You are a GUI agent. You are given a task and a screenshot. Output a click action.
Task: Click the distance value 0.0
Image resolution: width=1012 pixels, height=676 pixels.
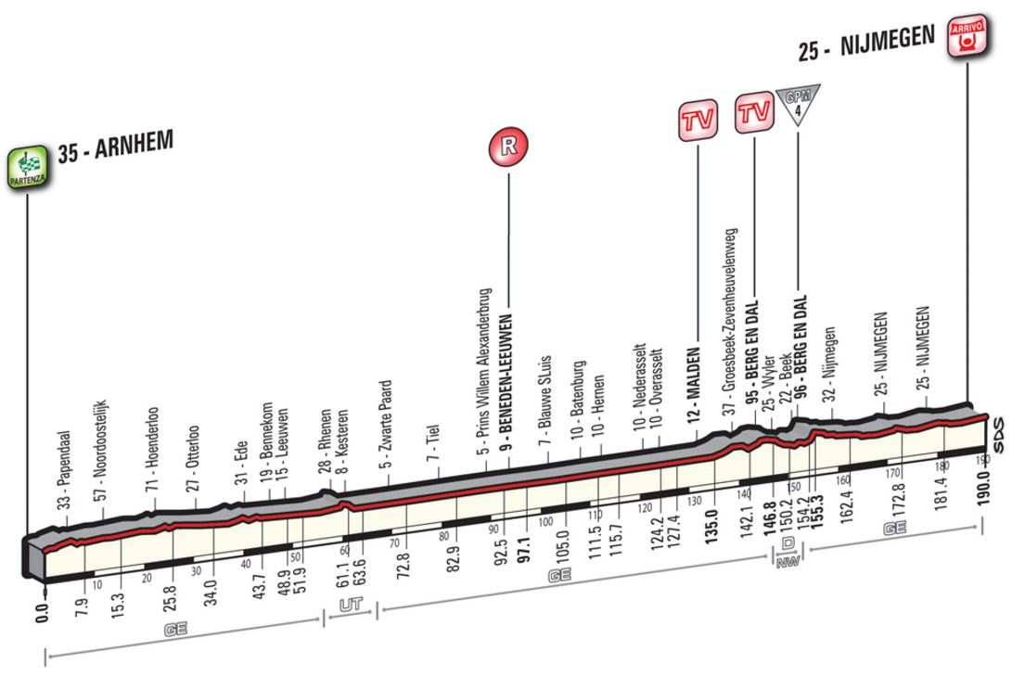(x=43, y=613)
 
